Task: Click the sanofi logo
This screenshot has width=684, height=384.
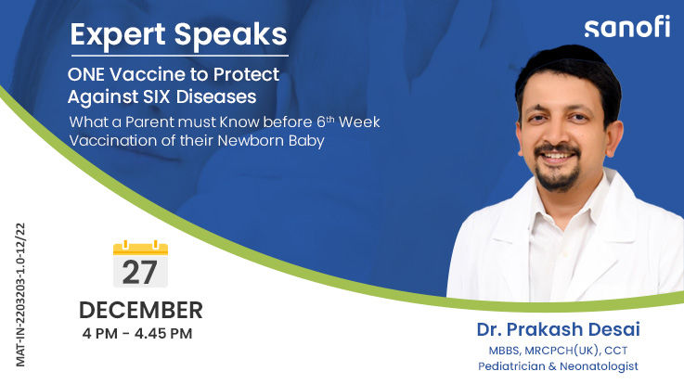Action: pyautogui.click(x=626, y=28)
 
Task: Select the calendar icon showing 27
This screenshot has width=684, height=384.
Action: pyautogui.click(x=139, y=263)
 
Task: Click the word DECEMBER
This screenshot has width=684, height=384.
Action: pyautogui.click(x=140, y=310)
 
